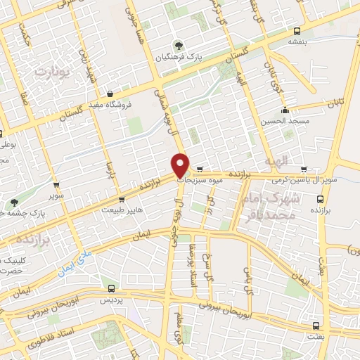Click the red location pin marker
pos(181,165)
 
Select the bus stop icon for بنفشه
pos(297,31)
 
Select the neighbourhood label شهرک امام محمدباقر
pos(274,207)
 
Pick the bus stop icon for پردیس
pos(111,288)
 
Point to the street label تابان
pos(338,102)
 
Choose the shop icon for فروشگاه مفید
pos(110,94)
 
